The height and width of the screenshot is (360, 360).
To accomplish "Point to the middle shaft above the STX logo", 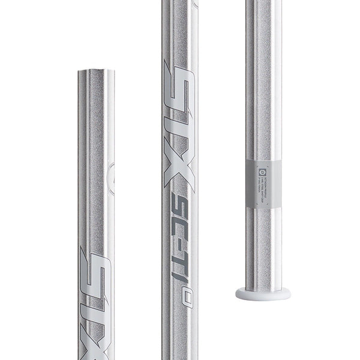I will click(x=179, y=30).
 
